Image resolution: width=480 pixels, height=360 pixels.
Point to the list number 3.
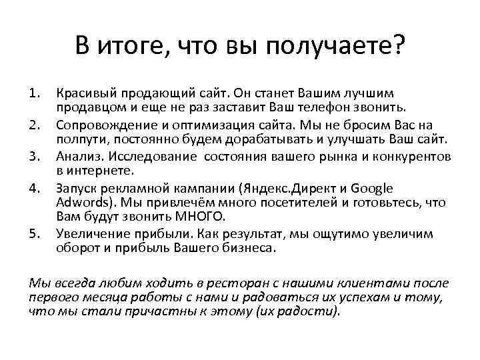tap(35, 157)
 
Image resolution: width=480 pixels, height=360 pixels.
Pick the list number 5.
tap(35, 234)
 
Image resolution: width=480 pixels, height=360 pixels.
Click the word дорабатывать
tap(266, 139)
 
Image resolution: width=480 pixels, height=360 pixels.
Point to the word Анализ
tap(77, 157)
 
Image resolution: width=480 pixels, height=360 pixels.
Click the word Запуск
tap(77, 189)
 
